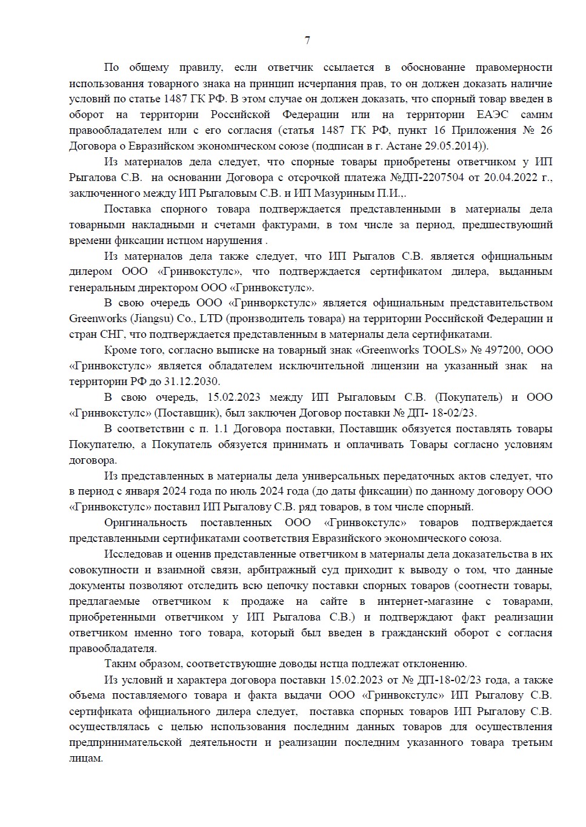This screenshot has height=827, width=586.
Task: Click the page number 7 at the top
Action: pos(307,41)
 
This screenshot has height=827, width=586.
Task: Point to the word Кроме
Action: pos(119,350)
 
